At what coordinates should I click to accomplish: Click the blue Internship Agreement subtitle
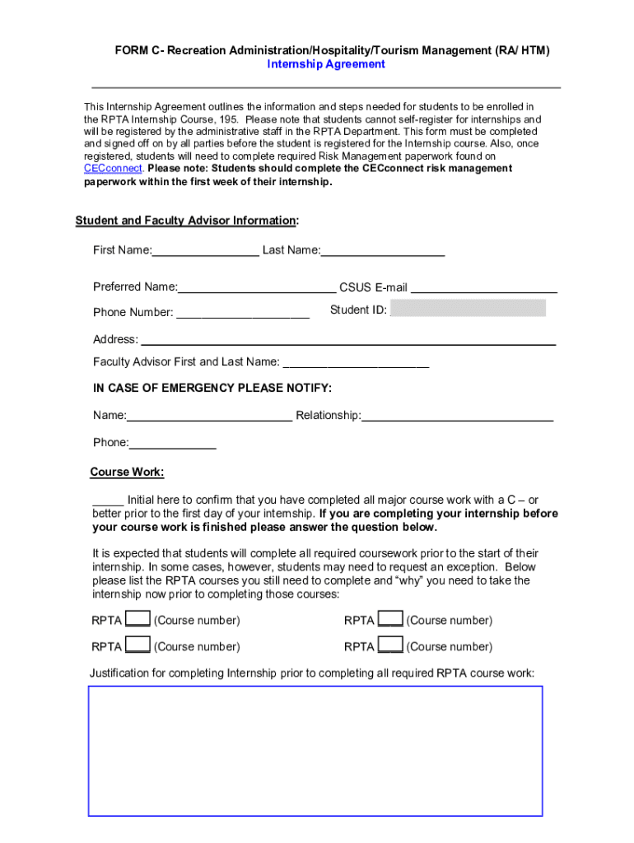point(326,64)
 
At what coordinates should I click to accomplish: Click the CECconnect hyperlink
point(114,169)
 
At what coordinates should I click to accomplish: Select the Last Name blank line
point(383,251)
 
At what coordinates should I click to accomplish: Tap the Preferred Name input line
point(257,288)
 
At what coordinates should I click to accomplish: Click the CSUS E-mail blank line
point(483,288)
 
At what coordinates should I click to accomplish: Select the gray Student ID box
point(468,309)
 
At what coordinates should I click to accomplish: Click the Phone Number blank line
point(243,313)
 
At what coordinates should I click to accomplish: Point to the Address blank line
point(348,340)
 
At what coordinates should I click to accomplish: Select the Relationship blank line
point(457,416)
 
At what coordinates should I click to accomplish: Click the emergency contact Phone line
point(173,444)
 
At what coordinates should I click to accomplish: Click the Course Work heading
point(127,473)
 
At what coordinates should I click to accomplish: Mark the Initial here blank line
point(108,501)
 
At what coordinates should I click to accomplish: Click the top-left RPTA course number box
point(138,620)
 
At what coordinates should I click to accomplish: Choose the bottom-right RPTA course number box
point(391,645)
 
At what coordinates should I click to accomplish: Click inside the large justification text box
point(315,750)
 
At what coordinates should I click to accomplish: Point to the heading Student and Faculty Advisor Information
point(186,221)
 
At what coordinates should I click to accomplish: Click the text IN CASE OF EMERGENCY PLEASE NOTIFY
point(212,388)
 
